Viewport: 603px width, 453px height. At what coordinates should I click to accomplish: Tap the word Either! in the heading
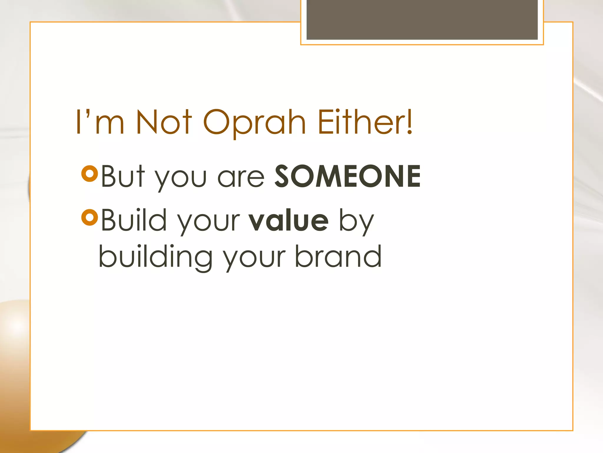point(365,122)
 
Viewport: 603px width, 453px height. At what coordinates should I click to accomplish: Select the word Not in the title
point(164,122)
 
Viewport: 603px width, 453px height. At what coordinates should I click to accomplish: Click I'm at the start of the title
point(100,122)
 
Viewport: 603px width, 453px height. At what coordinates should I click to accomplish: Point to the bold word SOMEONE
point(347,176)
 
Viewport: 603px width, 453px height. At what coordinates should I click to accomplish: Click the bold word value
point(288,220)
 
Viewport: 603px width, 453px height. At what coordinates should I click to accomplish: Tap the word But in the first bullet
point(123,176)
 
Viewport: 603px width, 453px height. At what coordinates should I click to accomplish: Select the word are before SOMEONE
point(241,178)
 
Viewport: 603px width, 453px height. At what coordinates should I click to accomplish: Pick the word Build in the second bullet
point(134,220)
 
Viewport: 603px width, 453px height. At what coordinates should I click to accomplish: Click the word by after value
point(357,221)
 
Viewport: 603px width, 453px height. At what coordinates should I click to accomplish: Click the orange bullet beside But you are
point(90,174)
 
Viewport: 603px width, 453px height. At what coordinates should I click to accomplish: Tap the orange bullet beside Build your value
point(90,217)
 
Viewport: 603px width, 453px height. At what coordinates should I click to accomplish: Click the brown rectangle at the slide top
point(422,19)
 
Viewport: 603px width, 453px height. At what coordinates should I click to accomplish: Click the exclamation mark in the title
point(410,122)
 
